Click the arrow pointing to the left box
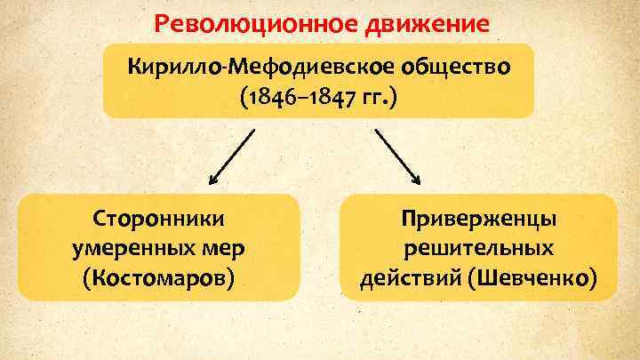click(x=233, y=155)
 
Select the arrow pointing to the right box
click(x=397, y=156)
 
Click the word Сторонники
click(x=158, y=219)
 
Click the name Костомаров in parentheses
click(x=159, y=278)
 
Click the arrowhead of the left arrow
click(x=213, y=179)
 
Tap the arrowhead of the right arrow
click(x=416, y=180)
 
